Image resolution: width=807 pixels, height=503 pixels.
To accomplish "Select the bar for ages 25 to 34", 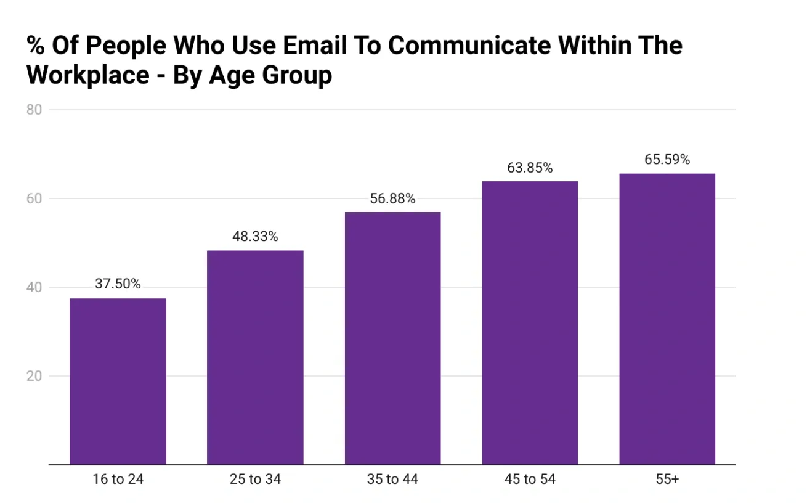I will click(255, 358).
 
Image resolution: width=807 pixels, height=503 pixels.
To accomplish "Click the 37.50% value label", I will click(118, 284).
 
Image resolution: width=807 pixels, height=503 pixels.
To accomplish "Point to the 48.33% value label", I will click(255, 236).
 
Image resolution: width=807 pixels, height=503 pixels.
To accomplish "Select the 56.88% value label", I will click(392, 198).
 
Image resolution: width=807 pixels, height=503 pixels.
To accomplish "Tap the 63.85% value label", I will click(530, 167).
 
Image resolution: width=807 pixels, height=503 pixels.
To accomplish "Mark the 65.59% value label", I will click(667, 160).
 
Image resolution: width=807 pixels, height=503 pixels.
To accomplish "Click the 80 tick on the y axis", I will click(34, 110).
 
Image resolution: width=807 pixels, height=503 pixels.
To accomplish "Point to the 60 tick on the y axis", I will click(34, 198).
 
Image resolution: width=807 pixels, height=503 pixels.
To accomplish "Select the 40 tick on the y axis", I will click(34, 287).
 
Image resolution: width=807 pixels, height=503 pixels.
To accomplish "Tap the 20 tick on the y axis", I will click(34, 376).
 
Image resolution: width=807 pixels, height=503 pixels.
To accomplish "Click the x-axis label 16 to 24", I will click(118, 480).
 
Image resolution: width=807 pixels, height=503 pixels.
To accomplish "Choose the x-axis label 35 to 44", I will click(392, 480).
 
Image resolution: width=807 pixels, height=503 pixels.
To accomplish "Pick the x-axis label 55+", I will click(667, 480).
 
